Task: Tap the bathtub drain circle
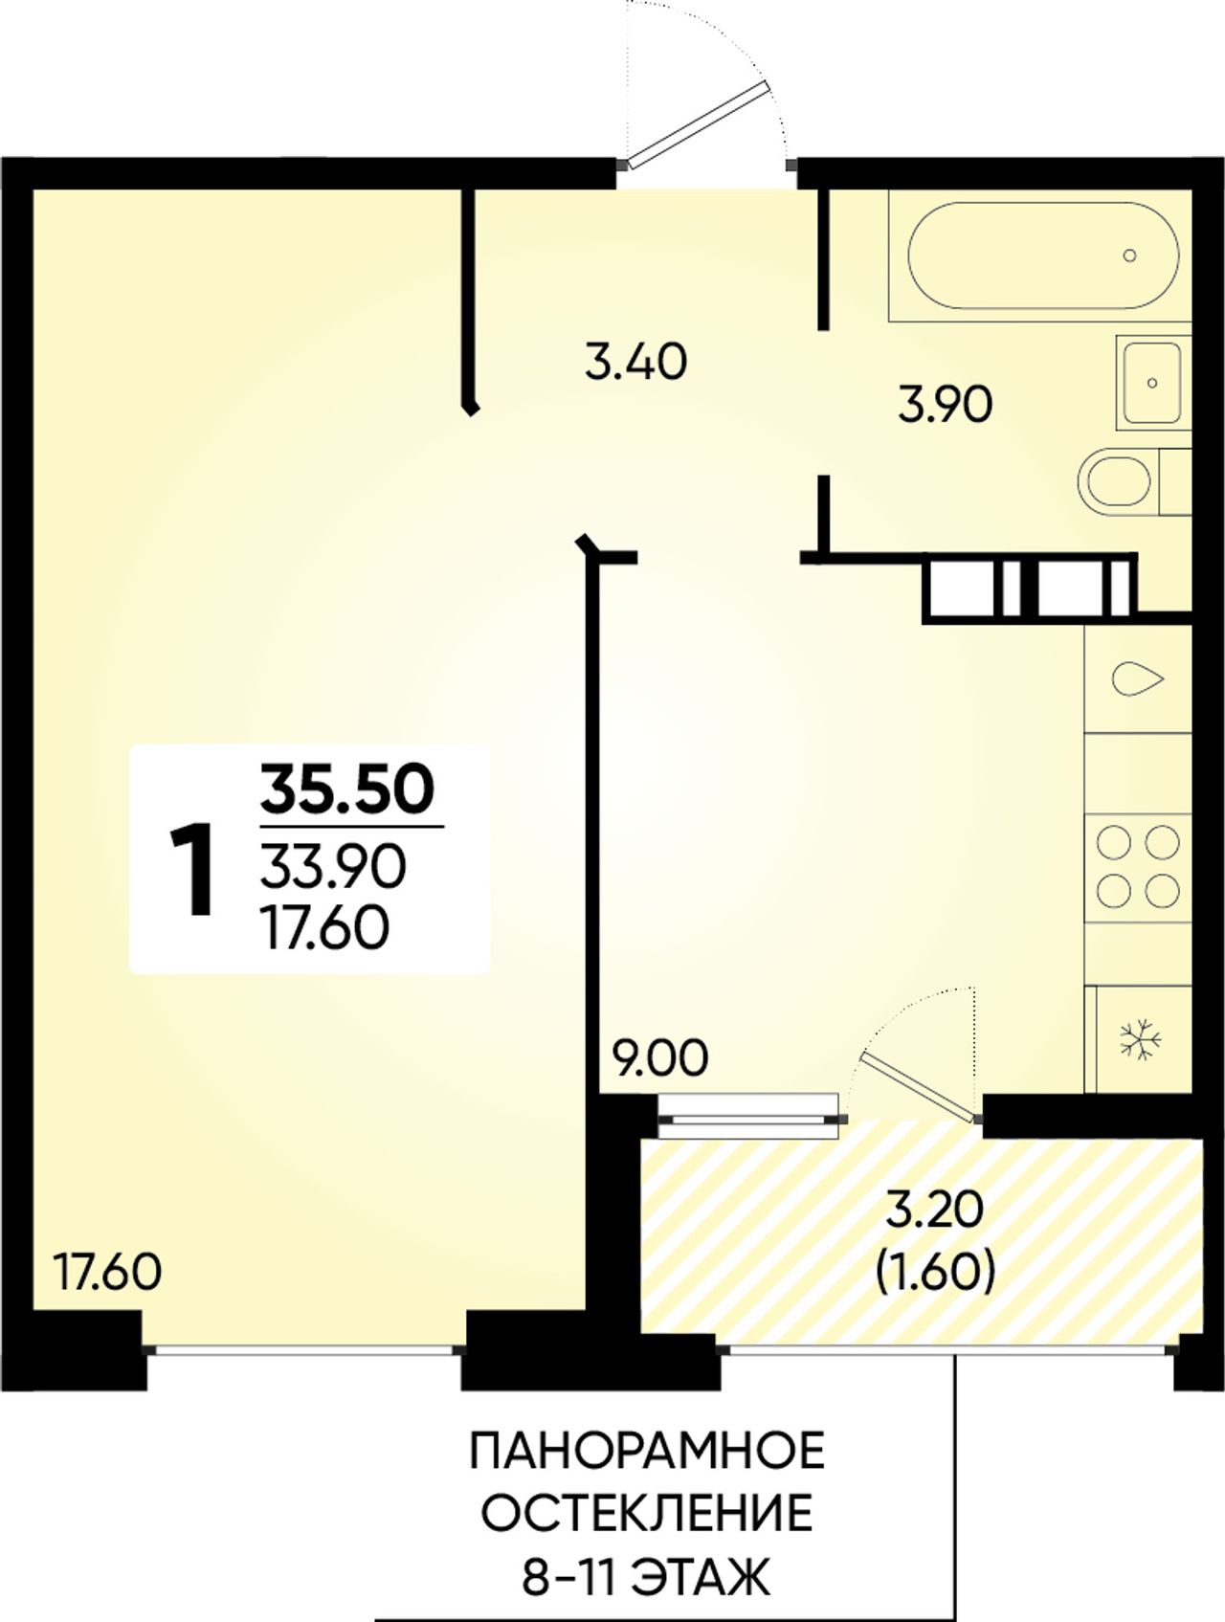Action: click(1130, 256)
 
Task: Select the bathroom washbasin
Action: click(1153, 383)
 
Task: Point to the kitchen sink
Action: click(1139, 679)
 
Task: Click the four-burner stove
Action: click(1138, 867)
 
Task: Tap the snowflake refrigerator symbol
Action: click(1141, 1039)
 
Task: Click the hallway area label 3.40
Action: click(636, 363)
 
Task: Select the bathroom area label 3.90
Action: click(946, 406)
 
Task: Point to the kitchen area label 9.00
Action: click(661, 1059)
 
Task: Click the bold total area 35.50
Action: click(348, 790)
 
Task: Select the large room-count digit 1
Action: click(191, 871)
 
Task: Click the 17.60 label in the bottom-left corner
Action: click(107, 1273)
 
